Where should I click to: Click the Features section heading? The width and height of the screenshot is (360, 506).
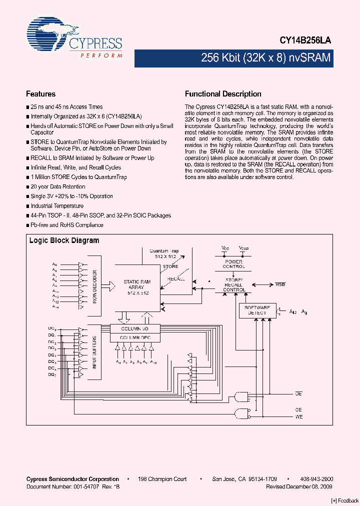click(x=40, y=94)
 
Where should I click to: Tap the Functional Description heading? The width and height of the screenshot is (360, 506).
click(x=223, y=94)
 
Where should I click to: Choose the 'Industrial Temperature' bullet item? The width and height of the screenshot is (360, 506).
click(x=57, y=205)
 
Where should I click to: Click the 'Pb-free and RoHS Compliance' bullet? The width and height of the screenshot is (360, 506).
click(x=67, y=224)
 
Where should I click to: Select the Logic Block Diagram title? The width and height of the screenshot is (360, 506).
click(x=64, y=240)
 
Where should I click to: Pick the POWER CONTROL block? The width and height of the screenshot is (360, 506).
click(x=233, y=264)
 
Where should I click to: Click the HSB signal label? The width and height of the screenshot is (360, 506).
click(x=280, y=284)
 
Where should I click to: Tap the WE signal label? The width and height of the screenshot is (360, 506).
click(x=298, y=416)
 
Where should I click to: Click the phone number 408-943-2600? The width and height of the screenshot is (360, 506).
click(x=318, y=479)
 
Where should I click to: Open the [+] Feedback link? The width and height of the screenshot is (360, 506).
click(x=344, y=500)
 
